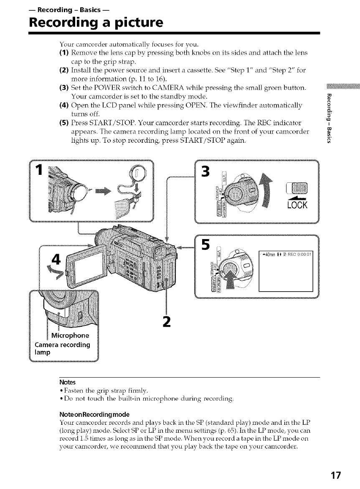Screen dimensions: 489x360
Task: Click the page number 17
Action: click(334, 475)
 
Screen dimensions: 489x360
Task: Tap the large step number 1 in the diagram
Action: click(38, 170)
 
